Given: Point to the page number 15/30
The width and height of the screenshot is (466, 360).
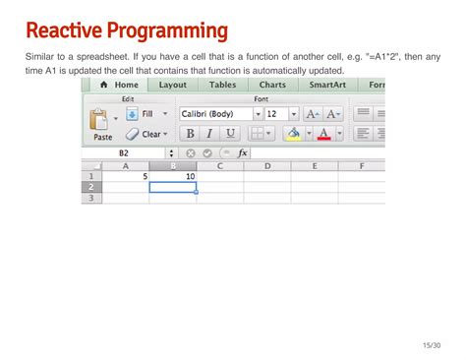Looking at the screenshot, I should click(x=430, y=345).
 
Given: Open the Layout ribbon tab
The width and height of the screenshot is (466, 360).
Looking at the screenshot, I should click(x=172, y=86).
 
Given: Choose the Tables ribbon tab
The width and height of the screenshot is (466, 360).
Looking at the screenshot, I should click(x=222, y=86).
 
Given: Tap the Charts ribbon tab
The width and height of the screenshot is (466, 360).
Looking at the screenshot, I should click(x=272, y=86).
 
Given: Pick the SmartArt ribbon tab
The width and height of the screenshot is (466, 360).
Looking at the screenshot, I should click(x=326, y=86).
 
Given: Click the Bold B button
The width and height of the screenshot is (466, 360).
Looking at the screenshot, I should click(x=190, y=134).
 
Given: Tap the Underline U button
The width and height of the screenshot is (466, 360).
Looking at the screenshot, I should click(x=230, y=134).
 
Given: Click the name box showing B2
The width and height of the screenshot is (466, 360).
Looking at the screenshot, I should click(x=125, y=153).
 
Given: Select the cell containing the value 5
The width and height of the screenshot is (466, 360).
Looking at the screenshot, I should click(x=126, y=176).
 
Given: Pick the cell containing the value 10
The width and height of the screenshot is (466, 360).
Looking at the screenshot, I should click(x=173, y=176).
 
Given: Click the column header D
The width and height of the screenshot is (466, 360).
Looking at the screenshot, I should click(x=266, y=165).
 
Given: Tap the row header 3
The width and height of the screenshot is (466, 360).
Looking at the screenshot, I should click(x=91, y=198).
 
